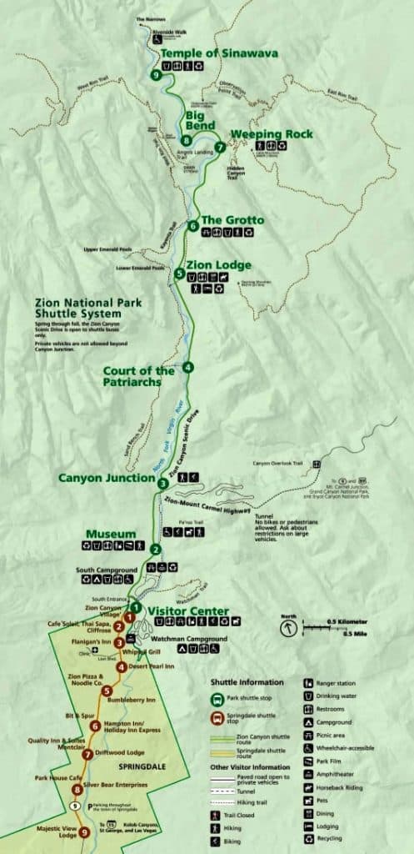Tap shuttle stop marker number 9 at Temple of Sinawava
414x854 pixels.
tap(157, 75)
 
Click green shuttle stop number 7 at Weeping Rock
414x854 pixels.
tap(219, 147)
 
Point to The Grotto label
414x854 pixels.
tap(232, 220)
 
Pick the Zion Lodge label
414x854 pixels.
tap(218, 265)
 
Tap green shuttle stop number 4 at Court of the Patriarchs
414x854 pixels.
tap(189, 367)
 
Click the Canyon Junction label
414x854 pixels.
tap(105, 478)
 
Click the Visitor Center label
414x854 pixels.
tap(187, 611)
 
